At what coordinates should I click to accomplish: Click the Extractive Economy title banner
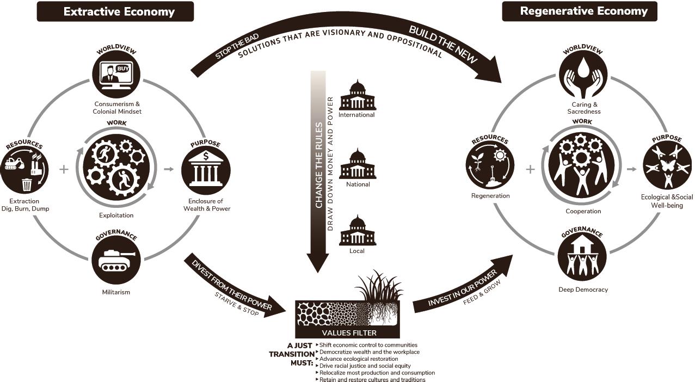tap(115, 11)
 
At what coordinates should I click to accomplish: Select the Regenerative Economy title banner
tap(580, 11)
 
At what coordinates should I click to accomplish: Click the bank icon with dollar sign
tap(206, 169)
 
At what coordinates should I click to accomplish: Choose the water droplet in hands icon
tap(582, 76)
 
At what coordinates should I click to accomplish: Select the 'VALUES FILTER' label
tap(349, 333)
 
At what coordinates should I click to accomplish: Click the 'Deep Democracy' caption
tap(583, 289)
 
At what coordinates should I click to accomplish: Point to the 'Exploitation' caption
tap(116, 215)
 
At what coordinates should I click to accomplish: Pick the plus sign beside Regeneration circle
tap(530, 169)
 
